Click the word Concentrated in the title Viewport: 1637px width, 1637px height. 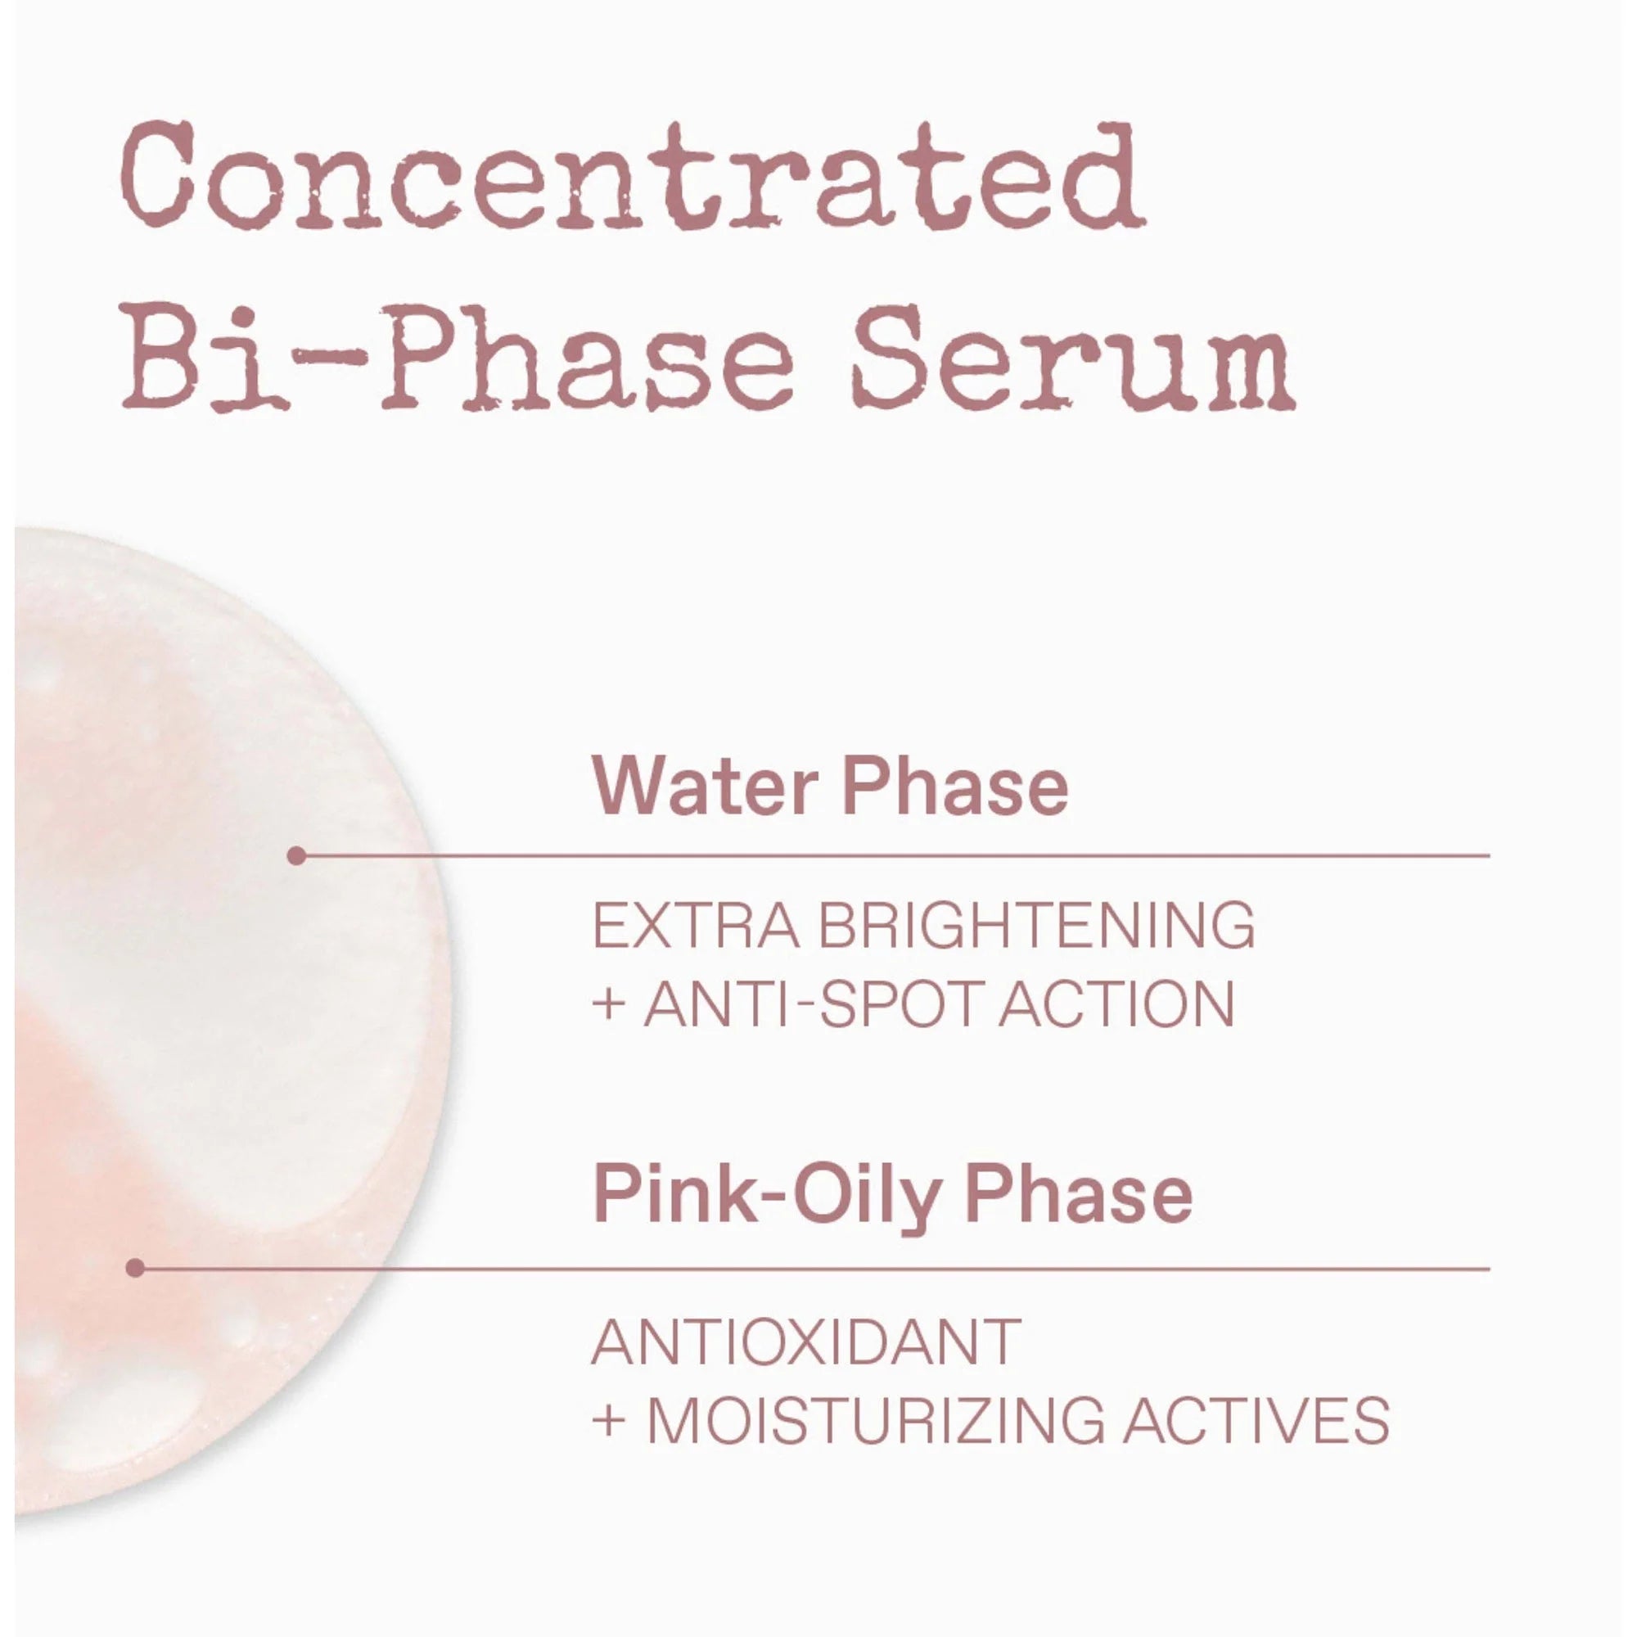coord(634,175)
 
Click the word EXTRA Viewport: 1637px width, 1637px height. coord(695,925)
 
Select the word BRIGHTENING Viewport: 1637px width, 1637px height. coord(1035,925)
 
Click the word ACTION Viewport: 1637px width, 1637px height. coord(1116,1004)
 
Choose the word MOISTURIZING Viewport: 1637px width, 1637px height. coord(875,1420)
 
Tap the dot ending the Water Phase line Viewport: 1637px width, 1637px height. coord(296,856)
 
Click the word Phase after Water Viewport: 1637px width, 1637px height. coord(956,787)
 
